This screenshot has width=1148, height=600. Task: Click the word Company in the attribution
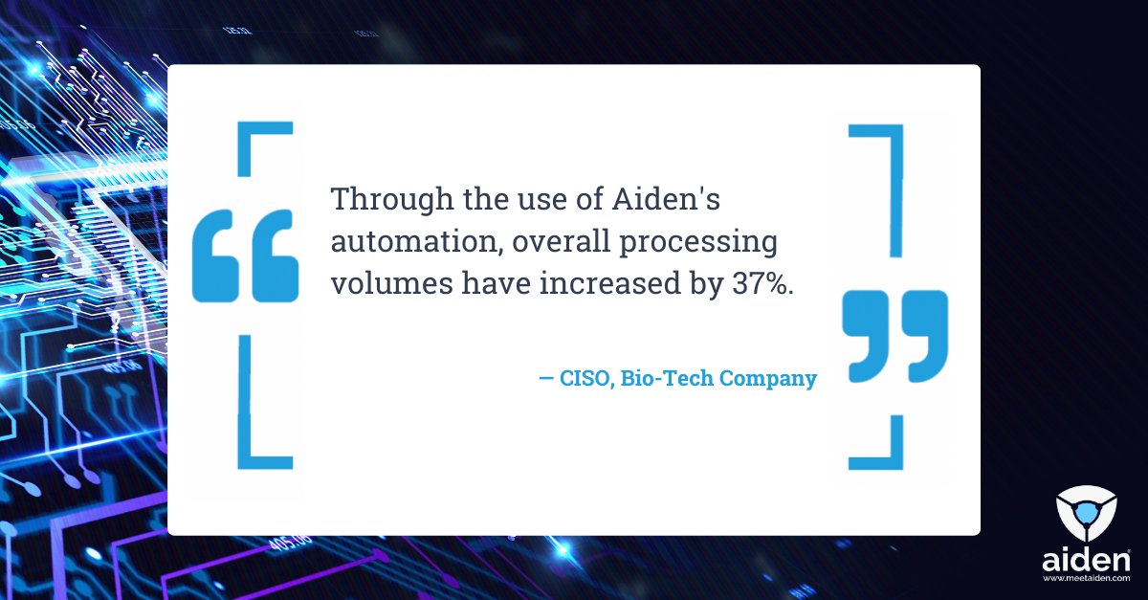point(768,379)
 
